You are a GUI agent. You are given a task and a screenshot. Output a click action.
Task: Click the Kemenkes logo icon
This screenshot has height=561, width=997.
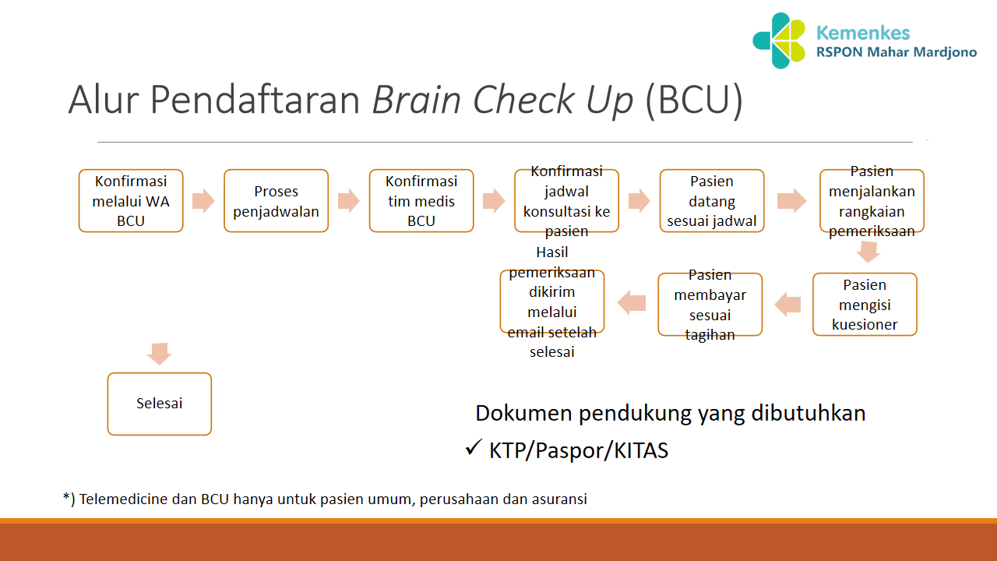coord(779,41)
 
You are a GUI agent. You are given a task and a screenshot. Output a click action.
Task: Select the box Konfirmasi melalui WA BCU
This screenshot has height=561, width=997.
coord(131,201)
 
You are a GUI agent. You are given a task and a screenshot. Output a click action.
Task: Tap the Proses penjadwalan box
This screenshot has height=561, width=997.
coord(276,201)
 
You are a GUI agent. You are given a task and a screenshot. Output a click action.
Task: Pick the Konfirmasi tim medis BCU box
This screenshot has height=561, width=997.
coord(421,201)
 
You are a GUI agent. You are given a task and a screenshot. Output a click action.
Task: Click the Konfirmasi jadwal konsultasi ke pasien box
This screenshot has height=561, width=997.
coord(566,201)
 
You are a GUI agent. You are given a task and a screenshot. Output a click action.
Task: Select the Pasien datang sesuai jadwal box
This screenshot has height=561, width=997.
coord(712,201)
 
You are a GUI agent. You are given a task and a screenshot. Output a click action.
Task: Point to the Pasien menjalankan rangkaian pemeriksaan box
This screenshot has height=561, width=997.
coord(872,201)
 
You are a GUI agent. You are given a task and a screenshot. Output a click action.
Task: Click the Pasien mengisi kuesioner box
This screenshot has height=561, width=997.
coord(865,305)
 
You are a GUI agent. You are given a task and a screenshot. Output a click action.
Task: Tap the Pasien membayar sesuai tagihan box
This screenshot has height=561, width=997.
coord(710,305)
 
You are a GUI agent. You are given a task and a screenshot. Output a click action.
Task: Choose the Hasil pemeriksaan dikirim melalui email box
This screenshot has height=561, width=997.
coord(551,302)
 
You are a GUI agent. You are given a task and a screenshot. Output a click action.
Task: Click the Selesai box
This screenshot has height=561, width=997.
coord(159,404)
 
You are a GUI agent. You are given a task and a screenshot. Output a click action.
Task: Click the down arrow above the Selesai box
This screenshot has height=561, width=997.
coord(159,353)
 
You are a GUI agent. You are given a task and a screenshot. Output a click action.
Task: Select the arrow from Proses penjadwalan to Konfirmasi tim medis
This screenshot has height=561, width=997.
coord(348,200)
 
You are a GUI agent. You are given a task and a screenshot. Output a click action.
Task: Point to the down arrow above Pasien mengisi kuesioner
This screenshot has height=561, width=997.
coord(868,252)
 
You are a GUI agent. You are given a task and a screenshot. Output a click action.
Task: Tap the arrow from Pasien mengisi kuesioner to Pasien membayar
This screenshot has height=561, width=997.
coord(787,304)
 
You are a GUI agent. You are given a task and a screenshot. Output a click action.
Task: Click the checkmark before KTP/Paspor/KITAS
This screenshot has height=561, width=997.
coord(472,448)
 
